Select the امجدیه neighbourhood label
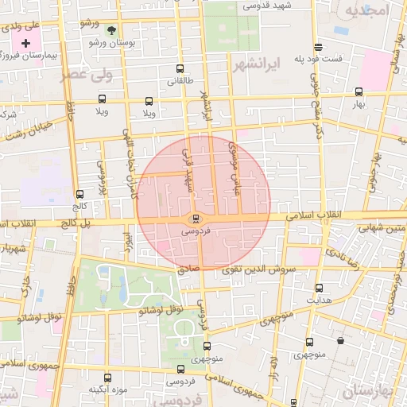coord(365,10)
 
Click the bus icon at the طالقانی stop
coord(180,68)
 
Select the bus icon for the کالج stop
coord(79,194)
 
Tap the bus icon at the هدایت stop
coord(320,289)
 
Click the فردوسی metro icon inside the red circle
coord(196,219)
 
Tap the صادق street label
coord(188,269)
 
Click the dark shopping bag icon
coord(341,341)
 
